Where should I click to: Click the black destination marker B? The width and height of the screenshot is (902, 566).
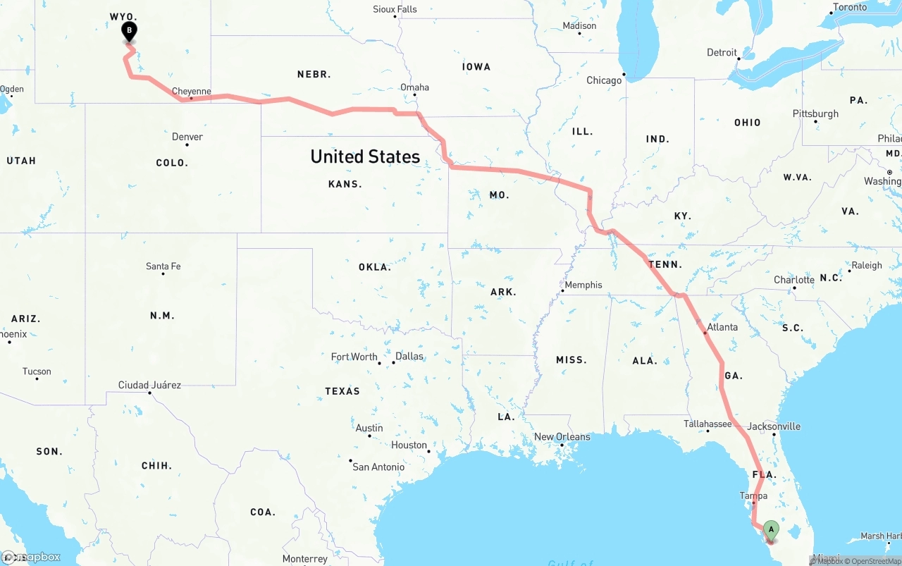click(x=129, y=31)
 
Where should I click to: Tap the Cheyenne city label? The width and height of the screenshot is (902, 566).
click(x=192, y=92)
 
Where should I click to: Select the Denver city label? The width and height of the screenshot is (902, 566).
click(x=187, y=137)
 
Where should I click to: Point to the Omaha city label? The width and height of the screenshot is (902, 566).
click(x=414, y=87)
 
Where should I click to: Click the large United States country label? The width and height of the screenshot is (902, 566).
click(x=365, y=156)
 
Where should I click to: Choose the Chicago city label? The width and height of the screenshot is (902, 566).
click(x=604, y=80)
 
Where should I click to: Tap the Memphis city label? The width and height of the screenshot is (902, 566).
click(x=583, y=285)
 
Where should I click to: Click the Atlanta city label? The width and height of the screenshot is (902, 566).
click(x=722, y=327)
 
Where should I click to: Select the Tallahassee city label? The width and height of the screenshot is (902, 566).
click(x=708, y=424)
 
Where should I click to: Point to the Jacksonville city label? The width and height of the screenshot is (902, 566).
click(x=773, y=426)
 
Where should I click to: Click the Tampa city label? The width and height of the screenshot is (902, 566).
click(x=753, y=496)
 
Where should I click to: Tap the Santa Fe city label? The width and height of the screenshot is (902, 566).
click(x=163, y=266)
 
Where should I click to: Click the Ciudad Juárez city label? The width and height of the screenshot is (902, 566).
click(x=149, y=385)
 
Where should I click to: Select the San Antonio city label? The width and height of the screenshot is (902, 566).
click(x=378, y=467)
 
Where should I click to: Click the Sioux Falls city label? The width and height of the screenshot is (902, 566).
click(x=395, y=9)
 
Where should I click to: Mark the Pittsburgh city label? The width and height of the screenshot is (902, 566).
click(x=815, y=113)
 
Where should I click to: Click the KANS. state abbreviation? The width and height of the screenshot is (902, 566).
click(x=345, y=184)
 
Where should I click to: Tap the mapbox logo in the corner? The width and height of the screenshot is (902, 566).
click(x=32, y=557)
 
